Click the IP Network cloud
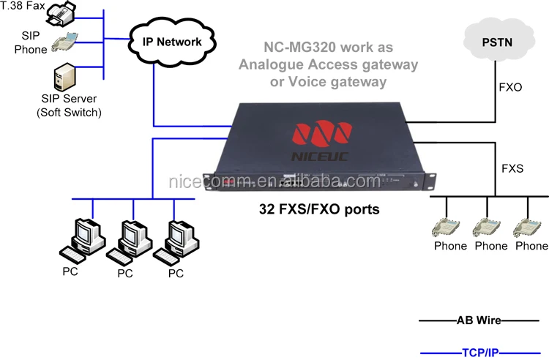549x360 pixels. pyautogui.click(x=171, y=42)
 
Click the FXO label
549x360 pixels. pyautogui.click(x=510, y=87)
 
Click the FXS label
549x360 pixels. pyautogui.click(x=512, y=168)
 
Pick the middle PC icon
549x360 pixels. pyautogui.click(x=126, y=240)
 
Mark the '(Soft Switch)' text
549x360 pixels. pyautogui.click(x=69, y=112)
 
